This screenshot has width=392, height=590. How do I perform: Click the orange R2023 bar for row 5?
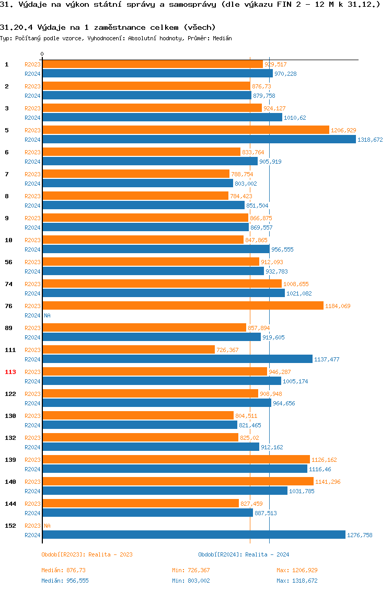click(186, 130)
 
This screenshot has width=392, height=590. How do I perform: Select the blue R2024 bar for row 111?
click(177, 359)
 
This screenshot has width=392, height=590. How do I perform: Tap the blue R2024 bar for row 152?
click(193, 535)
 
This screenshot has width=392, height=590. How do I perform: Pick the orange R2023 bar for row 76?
click(182, 305)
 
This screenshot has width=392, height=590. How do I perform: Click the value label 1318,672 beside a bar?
click(370, 140)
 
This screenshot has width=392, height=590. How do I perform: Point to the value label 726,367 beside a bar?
click(227, 350)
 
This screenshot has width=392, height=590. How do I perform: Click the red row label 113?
click(10, 372)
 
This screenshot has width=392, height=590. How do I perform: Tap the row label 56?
click(9, 262)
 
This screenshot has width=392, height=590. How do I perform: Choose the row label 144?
click(10, 504)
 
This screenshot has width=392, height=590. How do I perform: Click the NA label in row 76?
click(47, 315)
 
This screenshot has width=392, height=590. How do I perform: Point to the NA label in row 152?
click(47, 526)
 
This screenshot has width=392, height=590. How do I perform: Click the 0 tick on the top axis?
click(42, 54)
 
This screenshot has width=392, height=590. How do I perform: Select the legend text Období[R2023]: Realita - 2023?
click(87, 554)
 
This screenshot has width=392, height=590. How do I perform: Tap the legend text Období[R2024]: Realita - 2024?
click(244, 554)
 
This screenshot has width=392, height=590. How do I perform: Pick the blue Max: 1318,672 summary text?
click(297, 581)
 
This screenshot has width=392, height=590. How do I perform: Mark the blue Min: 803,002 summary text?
click(191, 581)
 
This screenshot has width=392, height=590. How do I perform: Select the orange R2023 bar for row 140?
click(178, 481)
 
